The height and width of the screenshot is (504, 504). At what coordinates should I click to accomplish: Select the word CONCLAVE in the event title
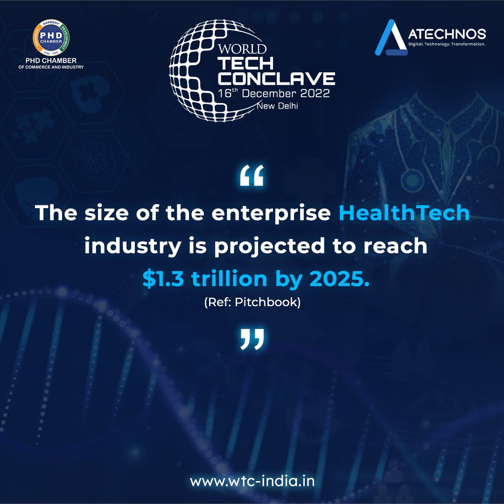click(276, 78)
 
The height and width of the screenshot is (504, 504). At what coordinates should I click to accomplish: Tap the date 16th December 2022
click(274, 93)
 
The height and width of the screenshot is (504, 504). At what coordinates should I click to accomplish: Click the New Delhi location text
click(277, 106)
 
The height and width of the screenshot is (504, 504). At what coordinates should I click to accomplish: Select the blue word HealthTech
click(404, 213)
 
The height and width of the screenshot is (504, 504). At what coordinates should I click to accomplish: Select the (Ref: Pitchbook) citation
click(252, 302)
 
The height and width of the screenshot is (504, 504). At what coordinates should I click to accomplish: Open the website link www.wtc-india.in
click(252, 480)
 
